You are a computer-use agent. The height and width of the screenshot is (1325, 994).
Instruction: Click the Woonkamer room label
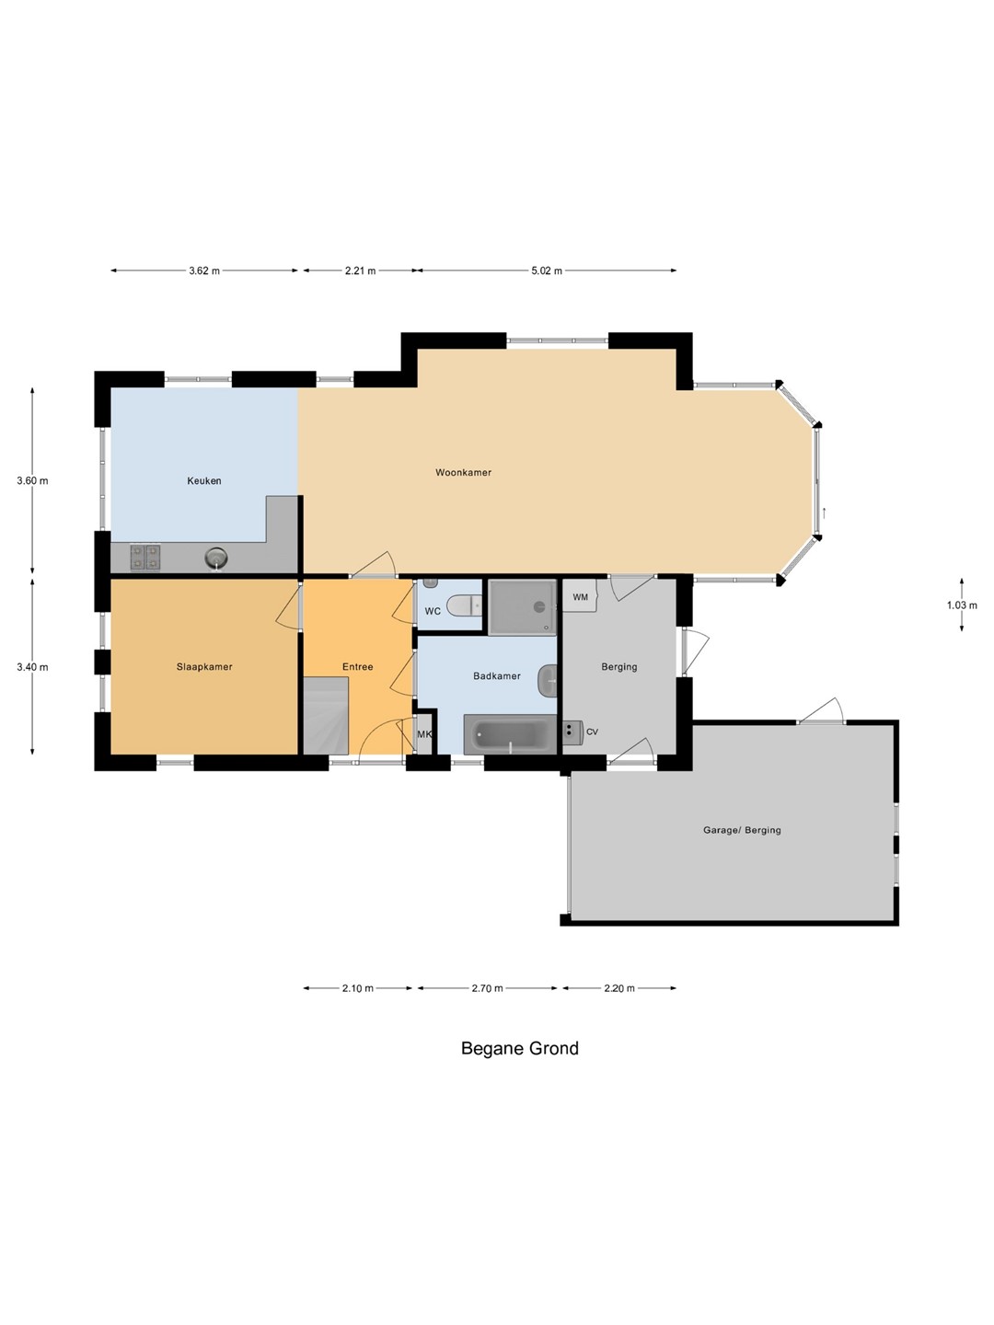463,472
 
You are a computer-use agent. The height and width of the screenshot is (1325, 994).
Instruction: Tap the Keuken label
204,480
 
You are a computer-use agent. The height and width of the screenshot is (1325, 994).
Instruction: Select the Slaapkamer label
204,666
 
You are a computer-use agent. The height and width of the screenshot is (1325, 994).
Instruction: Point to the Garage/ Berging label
742,830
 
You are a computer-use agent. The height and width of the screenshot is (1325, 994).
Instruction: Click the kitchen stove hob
145,557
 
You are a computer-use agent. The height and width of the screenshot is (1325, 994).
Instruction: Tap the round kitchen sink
216,557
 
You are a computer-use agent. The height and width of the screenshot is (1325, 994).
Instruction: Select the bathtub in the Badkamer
510,734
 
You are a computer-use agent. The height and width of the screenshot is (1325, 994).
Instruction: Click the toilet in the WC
464,605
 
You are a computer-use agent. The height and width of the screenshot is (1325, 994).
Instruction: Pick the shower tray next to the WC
522,607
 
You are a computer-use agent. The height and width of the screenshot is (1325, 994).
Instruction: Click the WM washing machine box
580,596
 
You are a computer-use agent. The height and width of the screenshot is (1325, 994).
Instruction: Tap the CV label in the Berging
592,732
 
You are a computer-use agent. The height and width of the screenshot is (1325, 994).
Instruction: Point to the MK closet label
424,734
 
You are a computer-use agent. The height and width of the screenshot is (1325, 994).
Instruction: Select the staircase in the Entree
326,715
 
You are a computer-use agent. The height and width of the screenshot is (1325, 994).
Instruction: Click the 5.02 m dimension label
546,271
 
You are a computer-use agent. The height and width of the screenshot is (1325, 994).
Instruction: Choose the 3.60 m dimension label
32,480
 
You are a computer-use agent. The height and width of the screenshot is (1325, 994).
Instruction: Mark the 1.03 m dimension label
962,605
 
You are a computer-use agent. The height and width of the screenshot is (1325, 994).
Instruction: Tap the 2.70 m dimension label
487,988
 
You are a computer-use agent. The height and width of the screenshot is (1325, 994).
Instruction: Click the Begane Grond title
520,1048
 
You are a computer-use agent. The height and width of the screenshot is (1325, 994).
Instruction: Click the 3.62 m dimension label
204,271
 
